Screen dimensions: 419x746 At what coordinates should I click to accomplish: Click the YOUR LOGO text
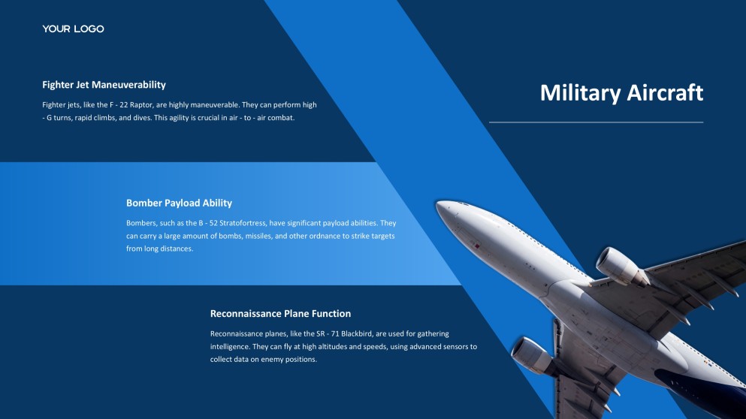point(73,29)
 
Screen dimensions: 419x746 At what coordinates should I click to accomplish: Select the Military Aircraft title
point(621,92)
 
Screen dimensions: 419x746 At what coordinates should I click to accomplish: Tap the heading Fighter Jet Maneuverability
point(104,85)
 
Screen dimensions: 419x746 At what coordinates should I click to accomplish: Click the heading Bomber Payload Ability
point(179,203)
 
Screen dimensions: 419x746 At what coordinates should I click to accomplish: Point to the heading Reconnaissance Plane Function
point(280,314)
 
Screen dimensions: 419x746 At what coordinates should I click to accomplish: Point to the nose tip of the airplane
point(439,203)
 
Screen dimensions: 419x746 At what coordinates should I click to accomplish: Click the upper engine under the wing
point(618,266)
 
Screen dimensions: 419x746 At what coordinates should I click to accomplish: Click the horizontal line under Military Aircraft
point(596,122)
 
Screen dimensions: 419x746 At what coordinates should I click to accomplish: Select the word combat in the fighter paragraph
point(279,118)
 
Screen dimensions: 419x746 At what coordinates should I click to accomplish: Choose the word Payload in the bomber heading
point(182,203)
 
